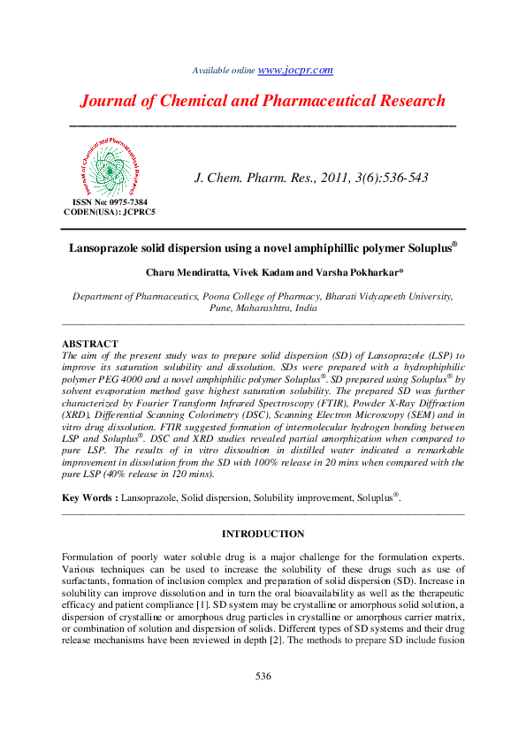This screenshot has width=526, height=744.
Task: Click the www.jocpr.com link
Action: [295, 70]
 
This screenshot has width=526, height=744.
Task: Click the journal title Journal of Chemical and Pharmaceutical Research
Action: [263, 101]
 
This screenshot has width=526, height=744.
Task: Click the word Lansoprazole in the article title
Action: [107, 249]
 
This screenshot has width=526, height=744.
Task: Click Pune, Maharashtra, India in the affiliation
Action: [263, 309]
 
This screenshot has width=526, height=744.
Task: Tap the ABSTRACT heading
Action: [89, 343]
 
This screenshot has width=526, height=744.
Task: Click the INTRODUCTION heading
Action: [263, 535]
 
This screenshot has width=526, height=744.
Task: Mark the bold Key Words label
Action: [88, 498]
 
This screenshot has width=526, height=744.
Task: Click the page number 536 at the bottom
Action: [263, 677]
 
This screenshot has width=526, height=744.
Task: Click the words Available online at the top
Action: [223, 71]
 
